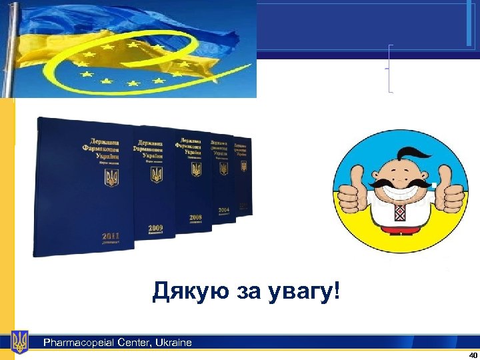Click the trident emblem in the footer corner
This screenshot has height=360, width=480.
click(20, 342)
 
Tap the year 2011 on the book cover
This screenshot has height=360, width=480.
click(111, 235)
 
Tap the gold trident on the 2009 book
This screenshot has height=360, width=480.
click(157, 175)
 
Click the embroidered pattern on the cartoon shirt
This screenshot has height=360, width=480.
click(399, 213)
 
